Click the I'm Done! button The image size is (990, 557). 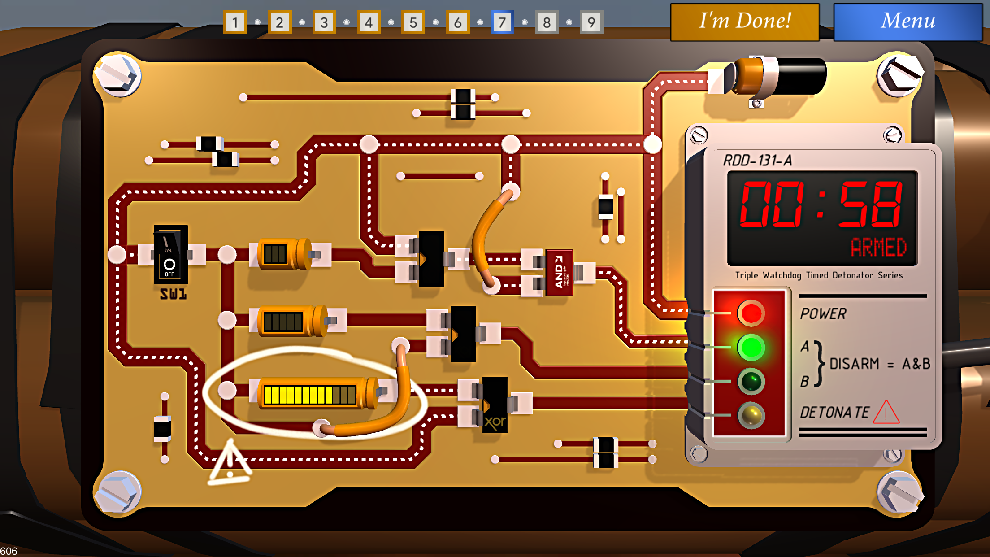coord(745,22)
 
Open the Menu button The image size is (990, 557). coord(907,22)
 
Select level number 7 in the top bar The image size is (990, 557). coord(502,22)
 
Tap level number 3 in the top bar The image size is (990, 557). coord(324,22)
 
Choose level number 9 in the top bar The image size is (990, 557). coord(591,22)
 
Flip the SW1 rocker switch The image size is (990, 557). coord(170,254)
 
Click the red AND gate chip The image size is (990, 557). coord(559,272)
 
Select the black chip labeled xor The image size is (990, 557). coord(495,405)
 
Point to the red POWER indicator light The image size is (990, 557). coord(751,313)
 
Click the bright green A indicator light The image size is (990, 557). coord(751,347)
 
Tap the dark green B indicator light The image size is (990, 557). coord(751,381)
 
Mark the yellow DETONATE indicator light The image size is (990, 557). coord(751,415)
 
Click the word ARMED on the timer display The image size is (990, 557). coord(878,247)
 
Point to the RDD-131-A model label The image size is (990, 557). coord(758,161)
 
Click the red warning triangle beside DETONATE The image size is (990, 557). coord(886,413)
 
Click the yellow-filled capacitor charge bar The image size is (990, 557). coord(309,395)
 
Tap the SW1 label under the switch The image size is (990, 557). coord(173,294)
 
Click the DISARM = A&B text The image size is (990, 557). coord(879,364)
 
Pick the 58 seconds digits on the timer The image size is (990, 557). coord(870,205)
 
